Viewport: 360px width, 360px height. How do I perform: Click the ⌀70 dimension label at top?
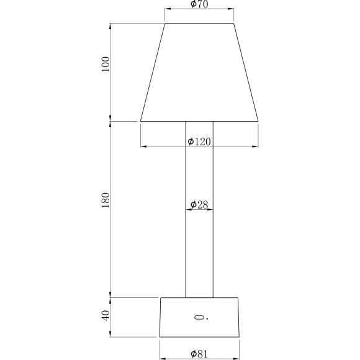point(199,5)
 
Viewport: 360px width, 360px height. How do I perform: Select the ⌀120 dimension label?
point(199,142)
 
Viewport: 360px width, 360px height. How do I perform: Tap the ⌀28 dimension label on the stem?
point(199,204)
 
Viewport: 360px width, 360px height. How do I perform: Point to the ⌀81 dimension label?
point(199,354)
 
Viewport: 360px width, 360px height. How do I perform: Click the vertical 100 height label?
point(106,65)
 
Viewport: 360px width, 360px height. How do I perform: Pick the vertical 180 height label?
point(106,200)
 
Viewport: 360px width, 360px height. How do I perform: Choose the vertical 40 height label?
point(106,315)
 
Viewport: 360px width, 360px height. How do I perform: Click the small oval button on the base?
point(199,318)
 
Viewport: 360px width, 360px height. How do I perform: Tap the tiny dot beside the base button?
point(207,318)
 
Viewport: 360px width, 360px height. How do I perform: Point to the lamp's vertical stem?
point(199,248)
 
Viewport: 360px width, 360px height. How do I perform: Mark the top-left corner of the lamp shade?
point(165,24)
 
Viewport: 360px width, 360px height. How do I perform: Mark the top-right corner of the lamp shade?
point(233,24)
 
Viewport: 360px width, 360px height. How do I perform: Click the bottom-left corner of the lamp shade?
point(141,120)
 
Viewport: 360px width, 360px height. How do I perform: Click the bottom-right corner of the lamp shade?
point(258,120)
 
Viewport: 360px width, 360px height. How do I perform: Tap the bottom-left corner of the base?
point(160,337)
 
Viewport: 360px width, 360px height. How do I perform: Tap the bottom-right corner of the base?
point(239,337)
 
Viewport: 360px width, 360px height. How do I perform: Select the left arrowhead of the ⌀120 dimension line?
point(143,146)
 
